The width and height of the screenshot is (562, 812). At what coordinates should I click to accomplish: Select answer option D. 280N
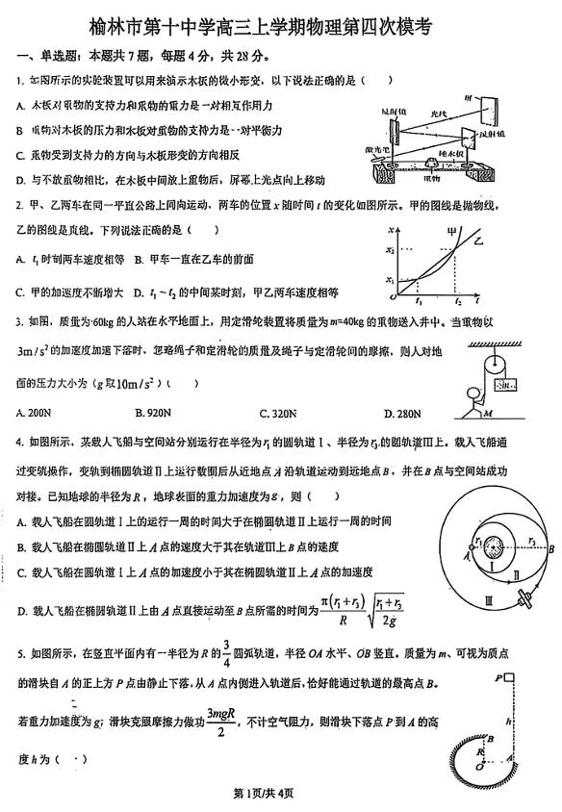coord(401,415)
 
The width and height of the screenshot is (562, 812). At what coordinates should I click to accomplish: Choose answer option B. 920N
coord(158,415)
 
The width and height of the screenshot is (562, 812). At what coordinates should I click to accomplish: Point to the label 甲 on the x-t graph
coord(450,232)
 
